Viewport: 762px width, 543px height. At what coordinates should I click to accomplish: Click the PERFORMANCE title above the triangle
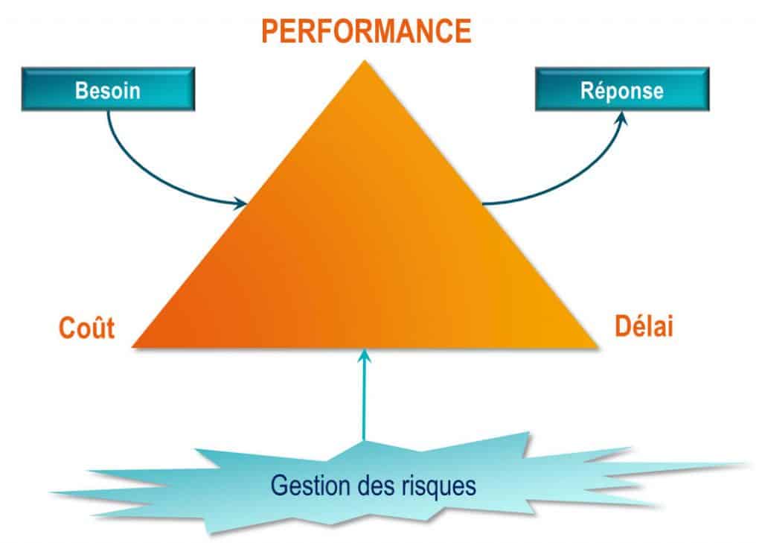pos(366,31)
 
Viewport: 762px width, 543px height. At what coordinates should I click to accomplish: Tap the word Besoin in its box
pos(108,91)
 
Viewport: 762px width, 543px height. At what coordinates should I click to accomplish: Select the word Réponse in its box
pos(622,91)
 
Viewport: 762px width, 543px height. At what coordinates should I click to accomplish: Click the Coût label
pos(86,328)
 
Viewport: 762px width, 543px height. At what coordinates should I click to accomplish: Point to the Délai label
pos(644,326)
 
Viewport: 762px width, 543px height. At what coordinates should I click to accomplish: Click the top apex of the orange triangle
pos(365,61)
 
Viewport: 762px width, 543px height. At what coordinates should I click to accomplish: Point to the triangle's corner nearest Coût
pos(133,347)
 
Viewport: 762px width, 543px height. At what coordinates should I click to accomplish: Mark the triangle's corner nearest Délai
pos(598,347)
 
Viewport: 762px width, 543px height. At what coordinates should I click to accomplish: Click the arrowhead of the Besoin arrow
pos(240,204)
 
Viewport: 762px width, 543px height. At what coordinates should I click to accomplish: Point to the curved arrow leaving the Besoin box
pos(146,176)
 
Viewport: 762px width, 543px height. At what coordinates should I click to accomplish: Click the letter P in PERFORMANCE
pos(269,31)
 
